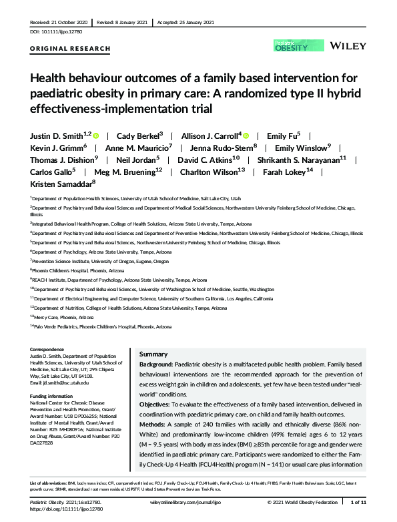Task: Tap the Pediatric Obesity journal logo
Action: click(292, 46)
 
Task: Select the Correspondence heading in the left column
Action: click(50, 350)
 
